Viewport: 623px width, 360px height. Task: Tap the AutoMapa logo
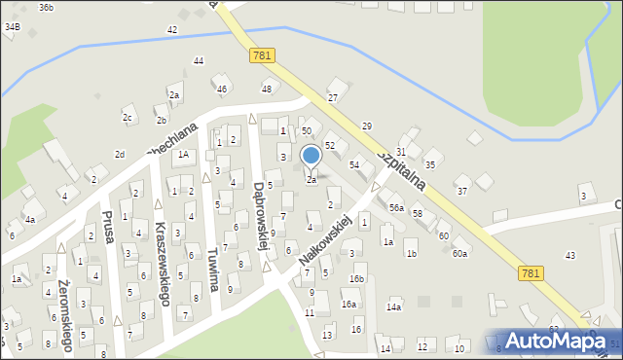[558, 341]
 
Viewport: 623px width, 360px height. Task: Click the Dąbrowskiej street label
[261, 214]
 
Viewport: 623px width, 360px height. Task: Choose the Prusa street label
[109, 232]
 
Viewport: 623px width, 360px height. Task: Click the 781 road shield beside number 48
[261, 55]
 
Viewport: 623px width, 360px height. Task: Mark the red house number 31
[400, 152]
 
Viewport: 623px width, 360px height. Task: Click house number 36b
[46, 7]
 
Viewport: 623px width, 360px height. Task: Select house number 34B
[12, 27]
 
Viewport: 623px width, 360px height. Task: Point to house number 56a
[396, 208]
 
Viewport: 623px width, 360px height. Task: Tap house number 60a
[458, 254]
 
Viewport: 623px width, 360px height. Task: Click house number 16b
[357, 279]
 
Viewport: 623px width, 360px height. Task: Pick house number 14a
[393, 307]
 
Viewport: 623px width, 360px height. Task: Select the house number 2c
[127, 118]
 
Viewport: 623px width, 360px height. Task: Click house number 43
[569, 255]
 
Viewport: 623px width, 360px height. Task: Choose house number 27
[332, 98]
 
